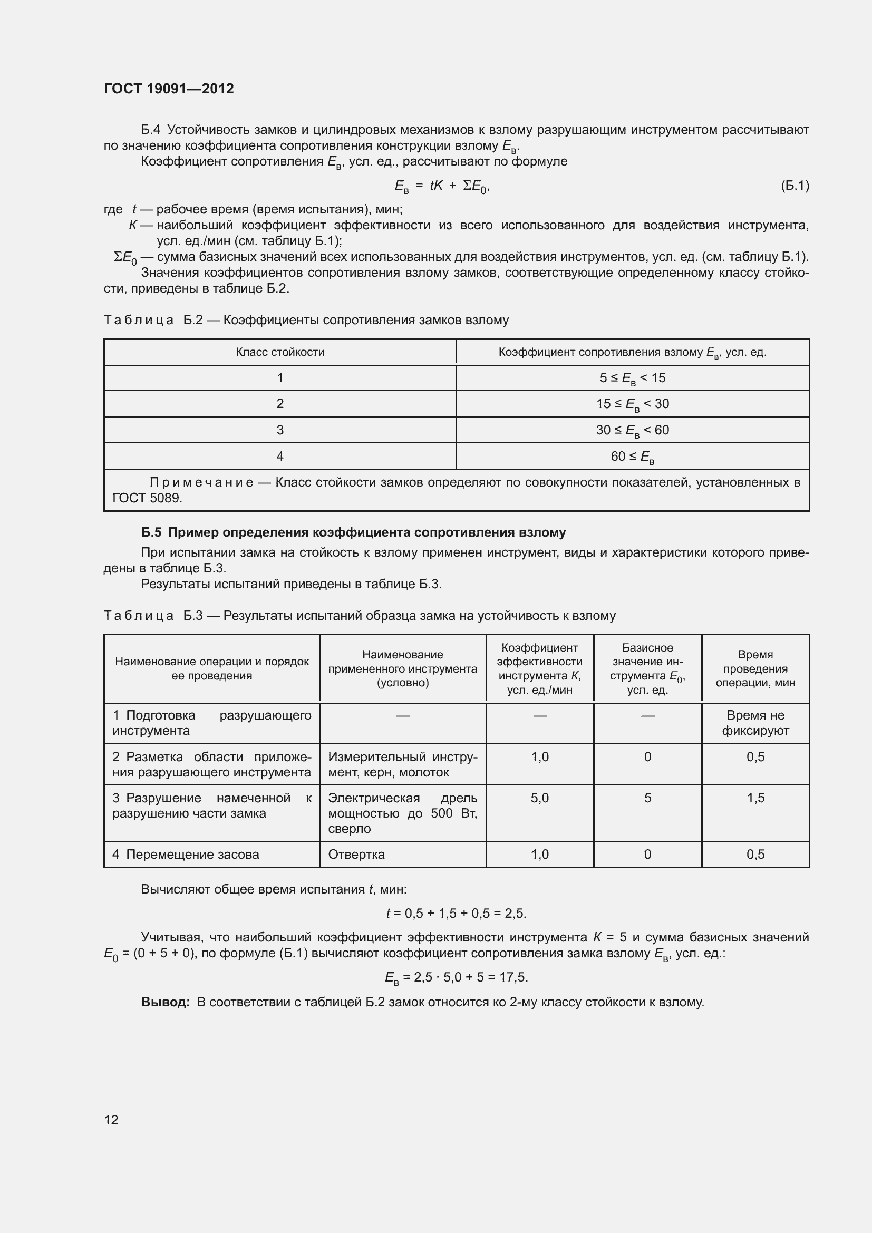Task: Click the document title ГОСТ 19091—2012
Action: (x=169, y=89)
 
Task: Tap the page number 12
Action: (x=111, y=1119)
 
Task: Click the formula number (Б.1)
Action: (x=794, y=186)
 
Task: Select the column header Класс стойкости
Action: (x=280, y=352)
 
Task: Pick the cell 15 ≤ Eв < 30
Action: (x=632, y=404)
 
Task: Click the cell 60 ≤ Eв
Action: (x=632, y=457)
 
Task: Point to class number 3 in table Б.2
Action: (x=280, y=430)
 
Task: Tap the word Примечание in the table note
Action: (x=201, y=482)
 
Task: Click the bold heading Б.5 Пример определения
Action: (x=353, y=532)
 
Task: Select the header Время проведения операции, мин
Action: (x=755, y=668)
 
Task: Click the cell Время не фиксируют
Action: (x=755, y=723)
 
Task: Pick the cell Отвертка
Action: (x=356, y=855)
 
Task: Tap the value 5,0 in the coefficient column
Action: (x=540, y=798)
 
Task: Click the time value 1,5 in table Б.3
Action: (x=755, y=798)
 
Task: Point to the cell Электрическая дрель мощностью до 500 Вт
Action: (x=402, y=813)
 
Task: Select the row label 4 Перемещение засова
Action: (x=186, y=855)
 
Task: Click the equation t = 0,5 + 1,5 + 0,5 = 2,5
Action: (x=456, y=914)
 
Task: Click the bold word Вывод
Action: (x=166, y=1002)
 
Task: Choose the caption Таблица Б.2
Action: (x=153, y=321)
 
